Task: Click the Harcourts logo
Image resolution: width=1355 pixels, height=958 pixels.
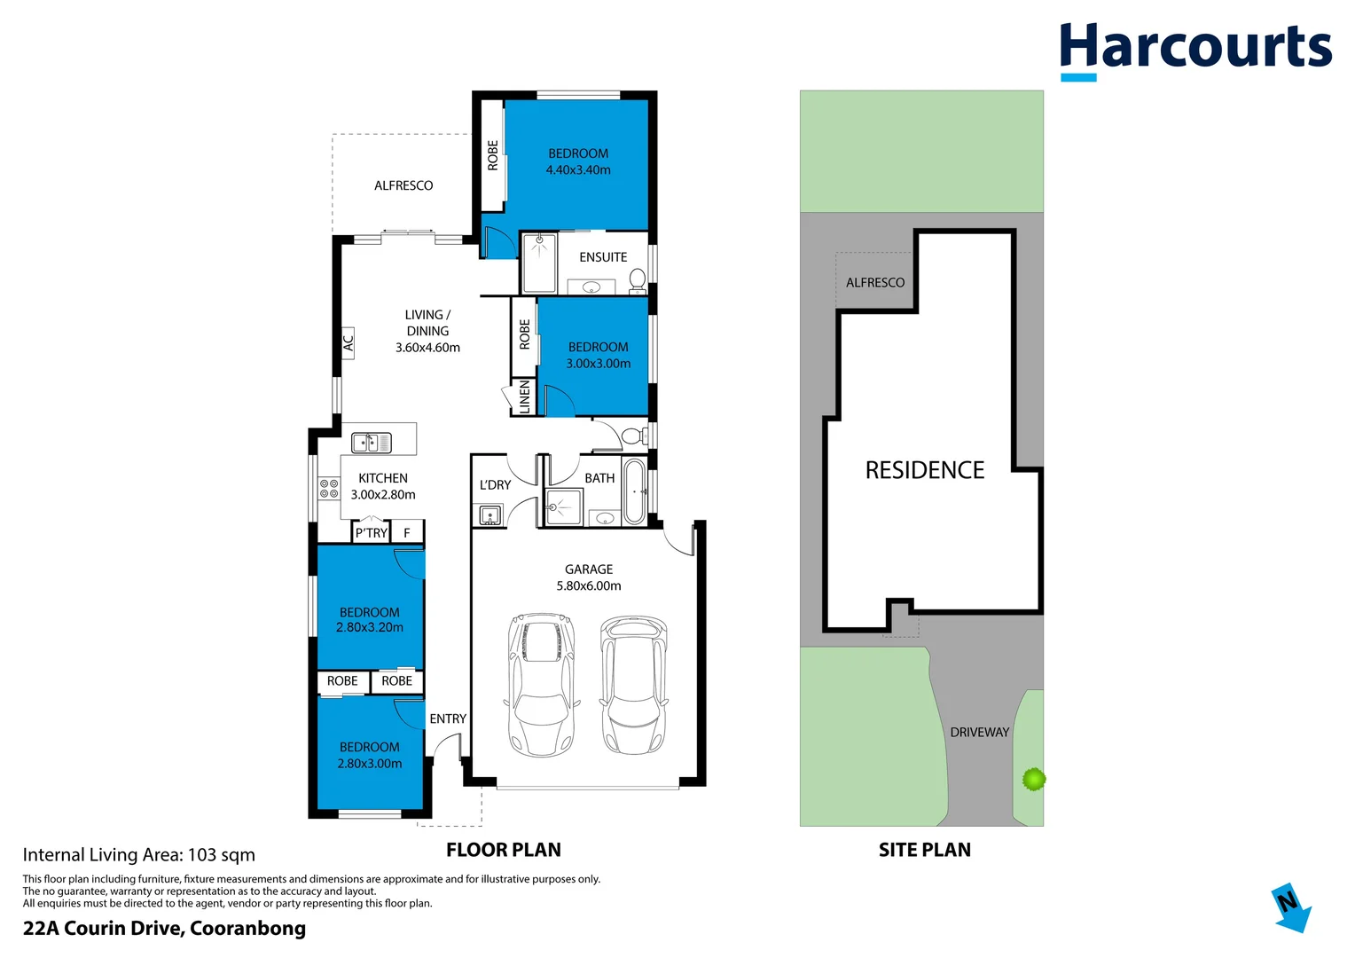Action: pos(1194,49)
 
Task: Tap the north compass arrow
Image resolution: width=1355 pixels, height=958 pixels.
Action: pos(1290,907)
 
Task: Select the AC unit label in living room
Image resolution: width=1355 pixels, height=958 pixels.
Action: pos(349,341)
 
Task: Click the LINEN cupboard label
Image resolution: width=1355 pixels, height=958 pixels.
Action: pos(524,397)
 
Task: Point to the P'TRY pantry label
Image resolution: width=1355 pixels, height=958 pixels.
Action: pos(371,533)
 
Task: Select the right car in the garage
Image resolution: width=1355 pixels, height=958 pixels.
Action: pos(633,684)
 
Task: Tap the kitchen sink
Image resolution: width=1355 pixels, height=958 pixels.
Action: pos(371,442)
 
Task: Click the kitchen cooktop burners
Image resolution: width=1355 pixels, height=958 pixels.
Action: pos(329,489)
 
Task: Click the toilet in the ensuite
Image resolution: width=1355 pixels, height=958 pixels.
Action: pos(637,279)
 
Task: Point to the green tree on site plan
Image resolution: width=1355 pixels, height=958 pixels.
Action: pos(1033,779)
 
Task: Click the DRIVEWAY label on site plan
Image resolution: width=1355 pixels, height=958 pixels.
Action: pos(979,732)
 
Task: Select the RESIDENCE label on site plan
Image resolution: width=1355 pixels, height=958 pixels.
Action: pos(924,470)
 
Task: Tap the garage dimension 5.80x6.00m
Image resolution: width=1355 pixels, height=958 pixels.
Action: pos(589,585)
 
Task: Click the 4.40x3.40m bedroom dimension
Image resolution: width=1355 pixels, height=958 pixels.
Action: pos(578,169)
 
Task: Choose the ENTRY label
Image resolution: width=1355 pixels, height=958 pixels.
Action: pos(448,718)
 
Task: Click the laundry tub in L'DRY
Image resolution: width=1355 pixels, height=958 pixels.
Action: pos(490,514)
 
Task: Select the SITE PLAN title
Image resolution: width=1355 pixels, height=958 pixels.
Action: pos(924,850)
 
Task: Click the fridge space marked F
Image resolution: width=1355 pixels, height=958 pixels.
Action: pos(407,533)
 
